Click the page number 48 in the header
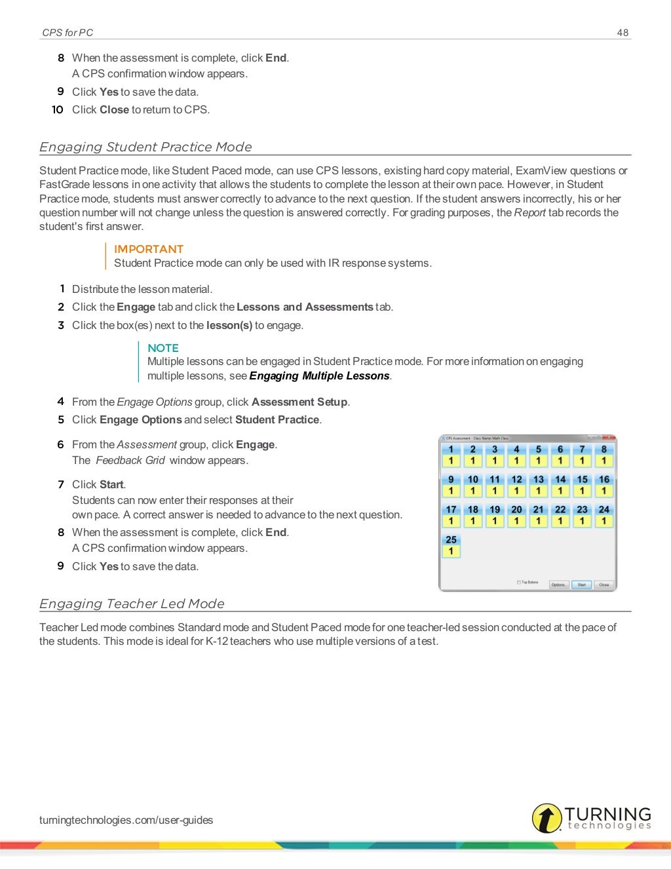click(x=622, y=33)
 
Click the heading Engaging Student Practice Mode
click(x=145, y=147)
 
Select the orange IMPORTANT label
click(x=148, y=249)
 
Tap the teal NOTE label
click(x=163, y=348)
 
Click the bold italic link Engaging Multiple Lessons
click(x=319, y=376)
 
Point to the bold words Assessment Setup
click(x=299, y=402)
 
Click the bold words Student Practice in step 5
click(x=277, y=419)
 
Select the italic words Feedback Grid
click(x=130, y=460)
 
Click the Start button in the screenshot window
click(x=581, y=585)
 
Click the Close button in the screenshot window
click(x=604, y=585)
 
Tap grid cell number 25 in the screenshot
click(x=451, y=545)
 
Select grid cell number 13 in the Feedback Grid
click(x=538, y=485)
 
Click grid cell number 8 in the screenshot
click(x=604, y=455)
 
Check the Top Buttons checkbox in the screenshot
click(x=519, y=582)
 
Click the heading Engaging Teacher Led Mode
click(x=132, y=604)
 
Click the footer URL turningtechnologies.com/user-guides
click(x=126, y=820)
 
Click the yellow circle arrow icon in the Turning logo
click(x=546, y=819)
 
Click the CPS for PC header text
click(x=67, y=33)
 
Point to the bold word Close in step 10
click(x=114, y=109)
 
